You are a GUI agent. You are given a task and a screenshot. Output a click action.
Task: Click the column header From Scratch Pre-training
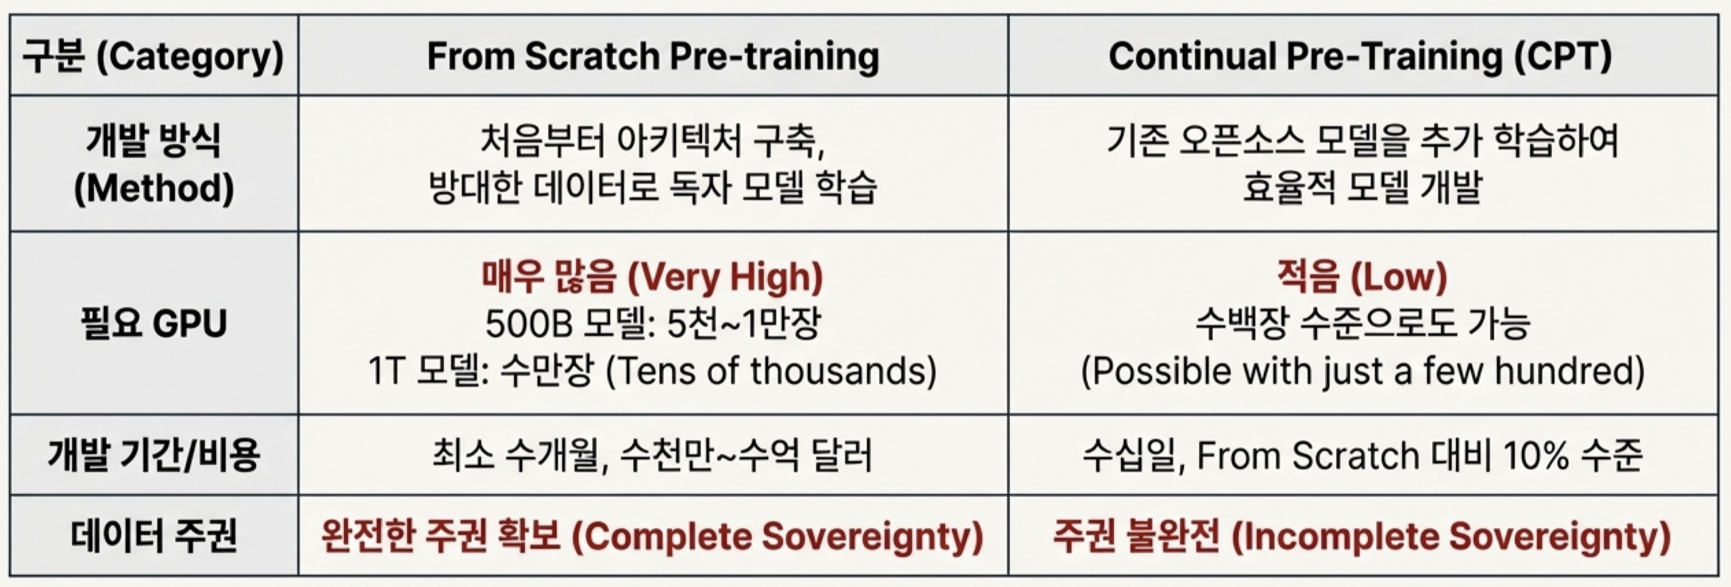(652, 56)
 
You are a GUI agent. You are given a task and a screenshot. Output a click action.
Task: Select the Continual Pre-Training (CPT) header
(1360, 56)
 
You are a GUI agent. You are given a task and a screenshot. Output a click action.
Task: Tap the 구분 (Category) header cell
(153, 56)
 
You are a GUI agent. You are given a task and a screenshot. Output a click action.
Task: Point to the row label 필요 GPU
(153, 323)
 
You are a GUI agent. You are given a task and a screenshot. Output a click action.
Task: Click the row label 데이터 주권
(153, 536)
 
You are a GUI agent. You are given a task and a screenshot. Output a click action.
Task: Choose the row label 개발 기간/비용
(153, 455)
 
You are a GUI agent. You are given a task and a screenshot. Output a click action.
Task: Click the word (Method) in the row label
(153, 188)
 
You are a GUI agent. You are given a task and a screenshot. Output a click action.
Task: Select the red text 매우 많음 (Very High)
(652, 276)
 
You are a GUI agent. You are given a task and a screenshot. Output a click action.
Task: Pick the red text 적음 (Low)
(1361, 276)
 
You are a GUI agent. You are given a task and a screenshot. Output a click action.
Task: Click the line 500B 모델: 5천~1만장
(652, 323)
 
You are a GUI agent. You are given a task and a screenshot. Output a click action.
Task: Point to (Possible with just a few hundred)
(1362, 371)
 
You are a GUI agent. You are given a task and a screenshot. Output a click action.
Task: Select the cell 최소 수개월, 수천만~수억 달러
(652, 456)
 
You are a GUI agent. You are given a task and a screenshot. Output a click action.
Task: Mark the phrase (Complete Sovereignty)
(776, 537)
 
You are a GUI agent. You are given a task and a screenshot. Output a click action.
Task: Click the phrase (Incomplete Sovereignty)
(1450, 537)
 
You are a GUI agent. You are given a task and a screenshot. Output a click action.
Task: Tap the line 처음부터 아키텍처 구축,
(652, 141)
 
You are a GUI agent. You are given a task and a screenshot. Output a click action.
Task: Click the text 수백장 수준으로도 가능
(1362, 323)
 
